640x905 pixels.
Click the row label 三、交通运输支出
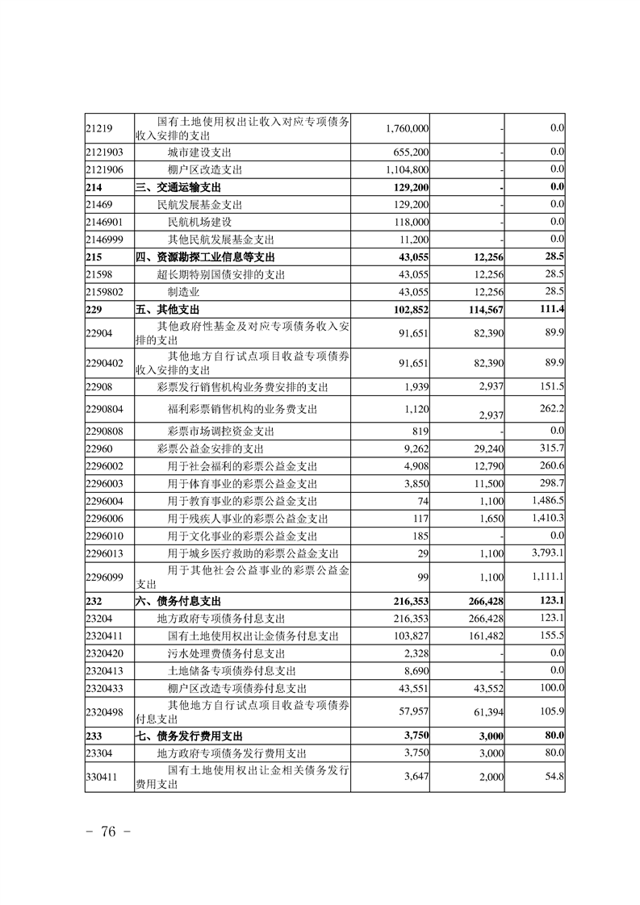185,187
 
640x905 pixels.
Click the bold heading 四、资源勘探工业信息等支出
204,256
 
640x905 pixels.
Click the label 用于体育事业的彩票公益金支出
242,483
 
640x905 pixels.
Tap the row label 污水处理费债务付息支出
226,653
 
